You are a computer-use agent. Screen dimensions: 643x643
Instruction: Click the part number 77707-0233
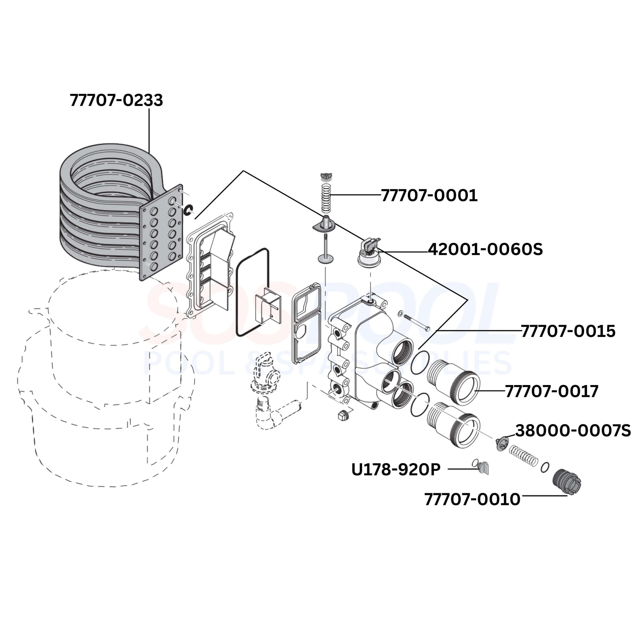[116, 100]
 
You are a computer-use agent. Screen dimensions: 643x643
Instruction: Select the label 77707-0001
[429, 195]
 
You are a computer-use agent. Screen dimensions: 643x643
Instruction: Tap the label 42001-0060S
[485, 249]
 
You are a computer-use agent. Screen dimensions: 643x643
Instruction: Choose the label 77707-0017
[552, 391]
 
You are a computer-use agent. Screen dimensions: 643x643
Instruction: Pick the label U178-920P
[396, 470]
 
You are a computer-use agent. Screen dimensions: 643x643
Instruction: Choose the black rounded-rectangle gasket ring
[252, 292]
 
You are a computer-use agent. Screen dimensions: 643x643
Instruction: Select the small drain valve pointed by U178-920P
[483, 468]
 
